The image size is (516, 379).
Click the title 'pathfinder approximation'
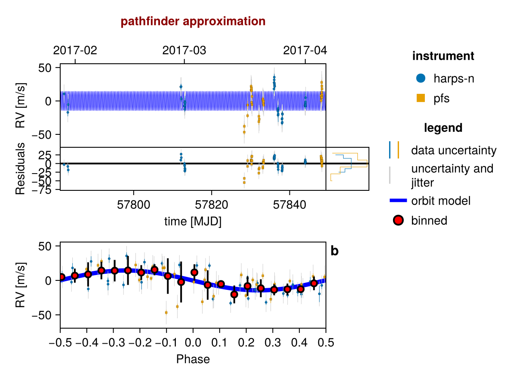tap(193, 22)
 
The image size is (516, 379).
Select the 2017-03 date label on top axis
tap(184, 50)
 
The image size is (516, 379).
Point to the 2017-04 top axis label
tap(305, 50)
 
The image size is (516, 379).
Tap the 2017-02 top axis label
tap(75, 50)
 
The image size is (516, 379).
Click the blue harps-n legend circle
tap(421, 78)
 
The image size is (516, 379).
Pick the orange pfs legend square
tap(421, 98)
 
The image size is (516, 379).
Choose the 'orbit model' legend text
tap(441, 201)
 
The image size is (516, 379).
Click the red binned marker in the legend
tap(398, 221)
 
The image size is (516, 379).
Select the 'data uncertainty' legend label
tap(454, 151)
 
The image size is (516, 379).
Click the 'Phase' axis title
tap(193, 359)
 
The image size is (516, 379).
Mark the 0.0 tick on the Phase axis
tap(193, 343)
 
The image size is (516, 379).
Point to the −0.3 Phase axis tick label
tap(113, 343)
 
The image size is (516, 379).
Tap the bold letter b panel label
tap(335, 251)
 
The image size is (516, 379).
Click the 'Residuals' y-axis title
tap(20, 168)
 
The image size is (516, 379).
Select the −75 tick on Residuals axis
tap(47, 190)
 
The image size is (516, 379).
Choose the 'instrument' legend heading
tap(443, 56)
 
